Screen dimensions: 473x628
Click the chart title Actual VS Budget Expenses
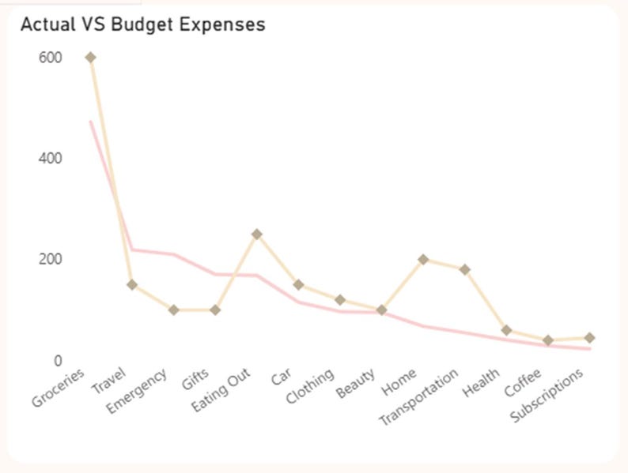[x=142, y=24]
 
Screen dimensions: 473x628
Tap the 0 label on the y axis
[x=57, y=361]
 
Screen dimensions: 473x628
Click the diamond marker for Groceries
[x=91, y=58]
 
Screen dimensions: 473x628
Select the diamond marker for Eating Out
[x=256, y=235]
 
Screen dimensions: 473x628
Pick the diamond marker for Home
[x=422, y=260]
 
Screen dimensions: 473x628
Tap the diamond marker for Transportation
[x=464, y=269]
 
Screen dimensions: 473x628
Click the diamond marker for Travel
[x=132, y=285]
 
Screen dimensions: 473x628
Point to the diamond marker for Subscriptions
[x=588, y=338]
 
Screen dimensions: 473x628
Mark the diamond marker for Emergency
[x=174, y=310]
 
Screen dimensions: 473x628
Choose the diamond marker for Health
[x=505, y=331]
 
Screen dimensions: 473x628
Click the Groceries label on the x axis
[x=59, y=389]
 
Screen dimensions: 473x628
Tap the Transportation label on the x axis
[x=418, y=397]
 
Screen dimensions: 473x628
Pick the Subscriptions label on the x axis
[x=547, y=395]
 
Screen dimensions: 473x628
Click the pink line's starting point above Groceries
[x=91, y=122]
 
